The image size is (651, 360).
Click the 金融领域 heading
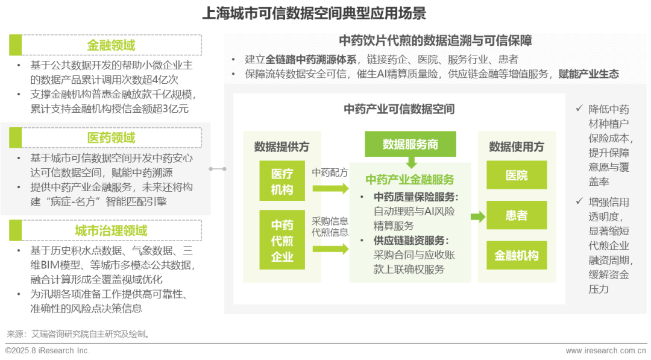tap(111, 45)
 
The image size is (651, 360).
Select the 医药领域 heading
tap(111, 137)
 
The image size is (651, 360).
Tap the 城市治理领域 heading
tap(111, 231)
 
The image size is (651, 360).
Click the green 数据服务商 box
tap(410, 144)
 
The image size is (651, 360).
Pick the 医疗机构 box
tap(281, 182)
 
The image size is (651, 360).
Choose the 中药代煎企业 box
tap(281, 241)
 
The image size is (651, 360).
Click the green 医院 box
tap(516, 175)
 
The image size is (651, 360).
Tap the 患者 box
tap(516, 215)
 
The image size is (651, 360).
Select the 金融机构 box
tap(516, 255)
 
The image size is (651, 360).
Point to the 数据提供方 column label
tap(281, 147)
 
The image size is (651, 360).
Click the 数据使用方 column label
tap(516, 147)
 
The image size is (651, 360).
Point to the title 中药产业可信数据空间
tap(399, 109)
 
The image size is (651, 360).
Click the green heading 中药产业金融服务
tap(410, 180)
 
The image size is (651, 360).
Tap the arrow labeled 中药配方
tap(330, 188)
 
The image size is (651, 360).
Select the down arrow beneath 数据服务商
tap(412, 162)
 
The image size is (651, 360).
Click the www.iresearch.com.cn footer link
tap(606, 350)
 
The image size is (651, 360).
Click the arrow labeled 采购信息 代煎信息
tap(330, 248)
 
